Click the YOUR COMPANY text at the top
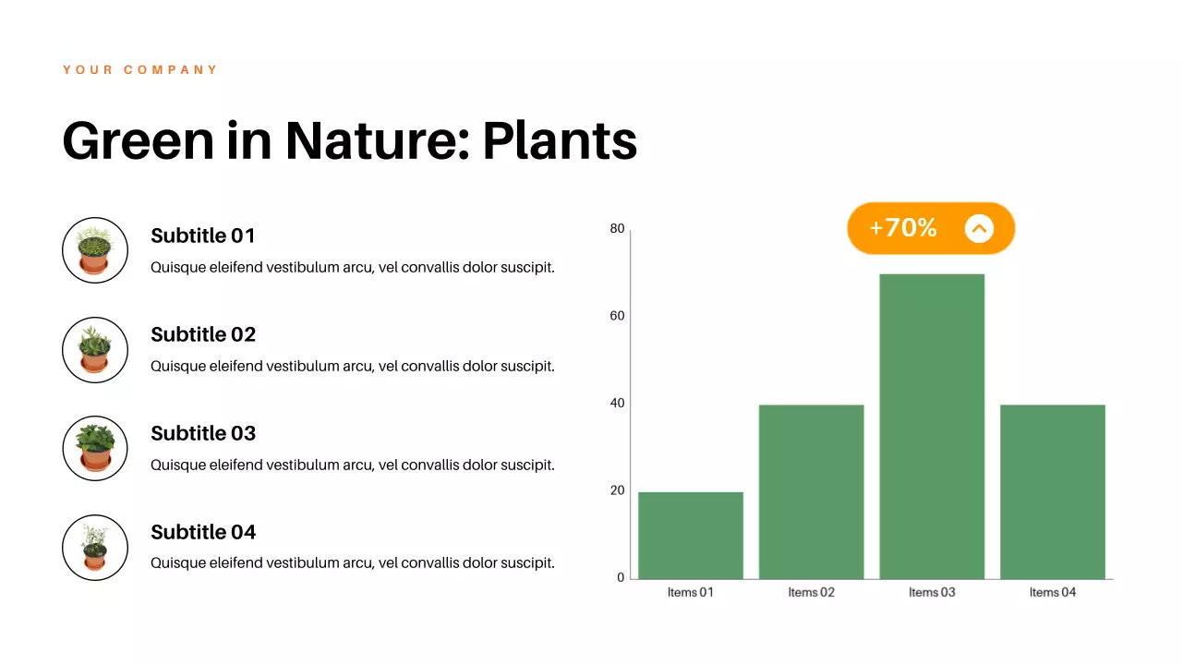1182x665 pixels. click(140, 70)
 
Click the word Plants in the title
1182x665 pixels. click(560, 141)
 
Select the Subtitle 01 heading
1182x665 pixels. click(203, 236)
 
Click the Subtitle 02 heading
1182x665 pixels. click(203, 335)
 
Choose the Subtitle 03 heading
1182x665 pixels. click(203, 434)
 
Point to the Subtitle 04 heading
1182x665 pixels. click(203, 533)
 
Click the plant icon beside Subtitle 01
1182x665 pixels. click(95, 250)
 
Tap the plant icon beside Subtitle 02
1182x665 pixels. click(95, 350)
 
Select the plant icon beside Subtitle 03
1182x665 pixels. click(95, 448)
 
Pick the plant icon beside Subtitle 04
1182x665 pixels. click(95, 548)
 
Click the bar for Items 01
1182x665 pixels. click(691, 536)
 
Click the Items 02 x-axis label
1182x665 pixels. click(811, 593)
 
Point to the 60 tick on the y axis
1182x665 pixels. click(617, 316)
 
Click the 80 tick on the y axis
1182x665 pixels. click(617, 229)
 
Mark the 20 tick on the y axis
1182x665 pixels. click(617, 490)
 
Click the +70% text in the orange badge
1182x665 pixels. click(903, 228)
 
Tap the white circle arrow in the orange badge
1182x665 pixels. click(979, 228)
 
